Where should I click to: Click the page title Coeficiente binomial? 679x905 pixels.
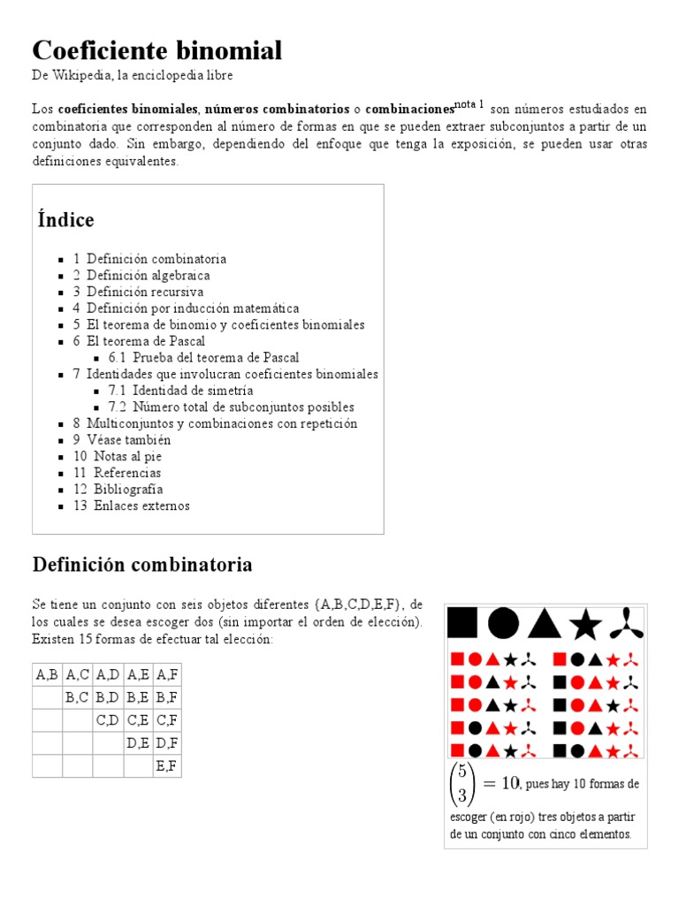click(x=157, y=50)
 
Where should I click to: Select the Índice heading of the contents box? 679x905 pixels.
click(x=65, y=219)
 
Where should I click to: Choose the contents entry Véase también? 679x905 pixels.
click(x=128, y=440)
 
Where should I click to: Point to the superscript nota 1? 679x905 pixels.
click(x=469, y=104)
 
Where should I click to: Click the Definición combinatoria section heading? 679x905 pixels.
click(x=142, y=564)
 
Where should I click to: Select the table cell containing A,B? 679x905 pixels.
click(x=47, y=674)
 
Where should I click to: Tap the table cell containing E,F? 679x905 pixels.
click(x=166, y=766)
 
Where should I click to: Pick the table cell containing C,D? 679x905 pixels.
click(x=107, y=720)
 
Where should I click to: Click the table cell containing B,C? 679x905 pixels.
click(x=77, y=697)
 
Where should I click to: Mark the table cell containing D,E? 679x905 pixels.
click(x=138, y=743)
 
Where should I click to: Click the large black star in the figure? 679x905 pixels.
click(x=585, y=624)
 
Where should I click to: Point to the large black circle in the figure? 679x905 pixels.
click(x=503, y=623)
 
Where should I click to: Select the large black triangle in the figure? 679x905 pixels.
click(x=544, y=623)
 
